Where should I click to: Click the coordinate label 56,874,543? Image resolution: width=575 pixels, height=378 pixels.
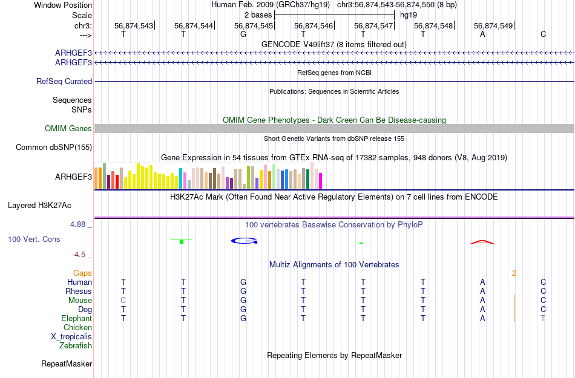(x=133, y=25)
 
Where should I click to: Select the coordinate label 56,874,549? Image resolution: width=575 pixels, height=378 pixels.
(x=493, y=25)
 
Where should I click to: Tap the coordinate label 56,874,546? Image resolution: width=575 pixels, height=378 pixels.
(x=314, y=25)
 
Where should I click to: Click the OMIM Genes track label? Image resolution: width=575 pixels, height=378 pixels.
(x=68, y=128)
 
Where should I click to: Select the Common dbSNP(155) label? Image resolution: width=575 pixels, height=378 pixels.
(x=54, y=147)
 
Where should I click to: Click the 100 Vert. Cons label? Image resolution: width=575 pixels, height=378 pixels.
(x=34, y=240)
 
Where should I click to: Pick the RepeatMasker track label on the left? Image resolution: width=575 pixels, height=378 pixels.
(x=67, y=363)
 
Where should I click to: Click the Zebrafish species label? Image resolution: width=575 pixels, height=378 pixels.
(x=76, y=345)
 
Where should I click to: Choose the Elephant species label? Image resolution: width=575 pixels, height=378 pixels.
(x=76, y=318)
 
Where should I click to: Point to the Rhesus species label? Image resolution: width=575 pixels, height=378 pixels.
(x=79, y=291)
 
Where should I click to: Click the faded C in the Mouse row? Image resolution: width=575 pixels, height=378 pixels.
(x=123, y=300)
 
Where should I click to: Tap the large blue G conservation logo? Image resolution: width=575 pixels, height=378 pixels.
(x=244, y=241)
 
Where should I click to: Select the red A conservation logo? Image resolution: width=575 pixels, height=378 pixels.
(x=482, y=242)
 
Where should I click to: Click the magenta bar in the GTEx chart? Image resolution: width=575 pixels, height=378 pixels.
(x=320, y=181)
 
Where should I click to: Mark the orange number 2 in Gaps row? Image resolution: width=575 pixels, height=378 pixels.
(x=514, y=273)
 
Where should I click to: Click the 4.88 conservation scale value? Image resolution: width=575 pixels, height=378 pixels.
(x=80, y=224)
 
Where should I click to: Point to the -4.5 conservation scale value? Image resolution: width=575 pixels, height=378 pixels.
(x=81, y=255)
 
